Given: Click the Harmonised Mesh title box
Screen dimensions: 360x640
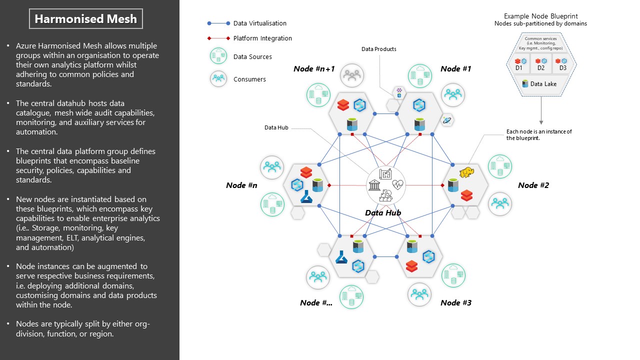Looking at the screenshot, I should [85, 19].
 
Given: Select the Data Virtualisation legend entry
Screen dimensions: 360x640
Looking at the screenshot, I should [260, 23].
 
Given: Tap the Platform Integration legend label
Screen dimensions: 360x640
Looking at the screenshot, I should [262, 38].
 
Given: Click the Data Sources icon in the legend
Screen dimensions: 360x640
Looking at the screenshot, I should [218, 56].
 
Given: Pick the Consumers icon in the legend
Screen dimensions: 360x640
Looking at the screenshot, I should [218, 78].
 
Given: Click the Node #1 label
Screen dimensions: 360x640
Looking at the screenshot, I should [455, 69].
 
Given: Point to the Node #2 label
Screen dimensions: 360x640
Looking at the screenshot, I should [533, 185].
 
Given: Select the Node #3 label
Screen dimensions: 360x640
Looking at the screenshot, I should [455, 302].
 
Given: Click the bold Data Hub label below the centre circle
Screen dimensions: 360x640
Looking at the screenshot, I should [383, 212].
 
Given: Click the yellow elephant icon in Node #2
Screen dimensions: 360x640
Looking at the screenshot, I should [466, 172].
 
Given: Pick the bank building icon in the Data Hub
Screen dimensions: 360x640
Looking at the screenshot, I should [374, 185].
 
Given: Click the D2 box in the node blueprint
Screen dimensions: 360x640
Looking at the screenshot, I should [541, 64].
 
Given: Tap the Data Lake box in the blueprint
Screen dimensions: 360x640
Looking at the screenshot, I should [541, 83].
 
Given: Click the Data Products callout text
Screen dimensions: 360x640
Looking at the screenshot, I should [378, 49].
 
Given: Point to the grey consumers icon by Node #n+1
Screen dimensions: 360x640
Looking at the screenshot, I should [352, 75].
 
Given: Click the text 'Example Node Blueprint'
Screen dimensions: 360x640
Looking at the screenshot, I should [540, 16].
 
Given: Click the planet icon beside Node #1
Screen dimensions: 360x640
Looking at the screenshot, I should [446, 119].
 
